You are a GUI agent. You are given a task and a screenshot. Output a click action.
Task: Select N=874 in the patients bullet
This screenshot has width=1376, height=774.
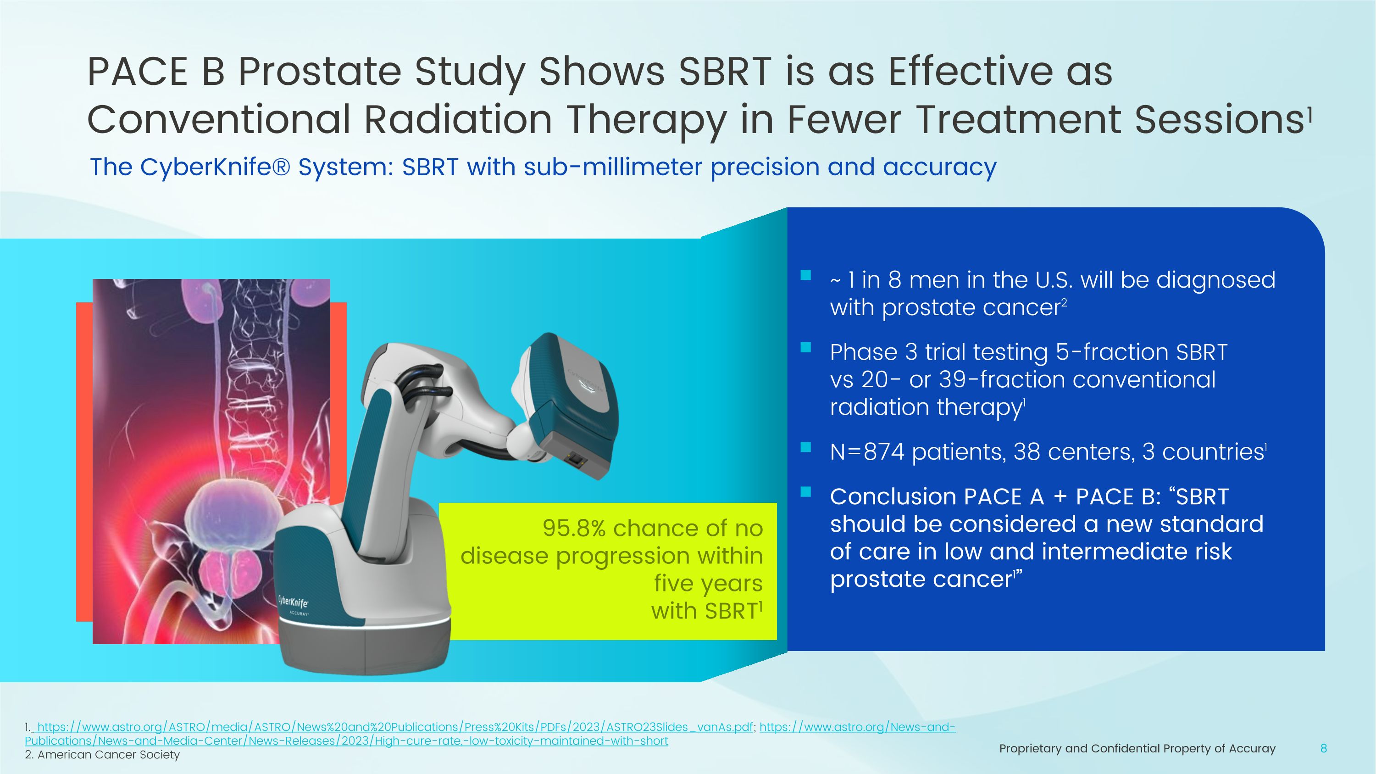tap(867, 452)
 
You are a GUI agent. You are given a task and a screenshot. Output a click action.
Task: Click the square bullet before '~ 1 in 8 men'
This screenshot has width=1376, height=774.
tap(806, 276)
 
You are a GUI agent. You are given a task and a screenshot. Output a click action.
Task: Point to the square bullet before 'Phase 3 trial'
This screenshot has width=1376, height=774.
tap(806, 348)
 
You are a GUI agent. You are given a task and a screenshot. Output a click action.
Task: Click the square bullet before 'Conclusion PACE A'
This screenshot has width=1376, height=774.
tap(806, 492)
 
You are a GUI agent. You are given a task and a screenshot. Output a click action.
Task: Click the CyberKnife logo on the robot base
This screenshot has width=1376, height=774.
tap(293, 602)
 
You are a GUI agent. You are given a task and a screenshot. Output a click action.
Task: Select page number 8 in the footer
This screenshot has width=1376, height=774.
tap(1323, 748)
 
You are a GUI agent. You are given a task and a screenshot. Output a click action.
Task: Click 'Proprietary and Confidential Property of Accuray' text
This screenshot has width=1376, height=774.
tap(1137, 748)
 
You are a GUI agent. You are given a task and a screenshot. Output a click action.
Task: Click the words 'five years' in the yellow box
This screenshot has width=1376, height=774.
tap(708, 583)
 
